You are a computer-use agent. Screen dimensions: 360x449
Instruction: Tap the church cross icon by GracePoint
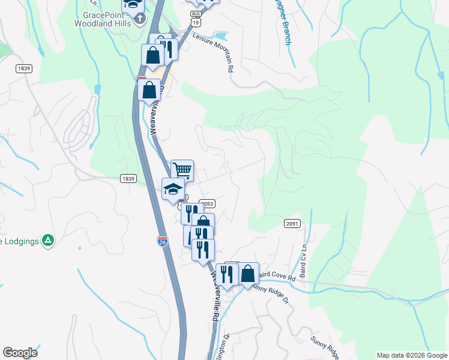pos(140,19)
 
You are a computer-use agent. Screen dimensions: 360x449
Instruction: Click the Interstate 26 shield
pos(163,241)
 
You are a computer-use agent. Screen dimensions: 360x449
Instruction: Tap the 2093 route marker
pos(207,205)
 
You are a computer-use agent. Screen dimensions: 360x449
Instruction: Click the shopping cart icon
pos(182,170)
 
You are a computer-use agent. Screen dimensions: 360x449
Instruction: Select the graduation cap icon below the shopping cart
pos(173,189)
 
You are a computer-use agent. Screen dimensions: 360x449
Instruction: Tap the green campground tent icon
pos(48,241)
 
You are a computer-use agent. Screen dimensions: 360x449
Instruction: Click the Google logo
pos(20,353)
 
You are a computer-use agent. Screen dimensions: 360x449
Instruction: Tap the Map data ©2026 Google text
pos(411,355)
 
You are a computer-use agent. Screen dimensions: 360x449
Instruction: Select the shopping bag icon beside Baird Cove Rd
pos(248,274)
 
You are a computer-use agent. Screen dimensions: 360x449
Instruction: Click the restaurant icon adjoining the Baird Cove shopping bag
pos(227,274)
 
